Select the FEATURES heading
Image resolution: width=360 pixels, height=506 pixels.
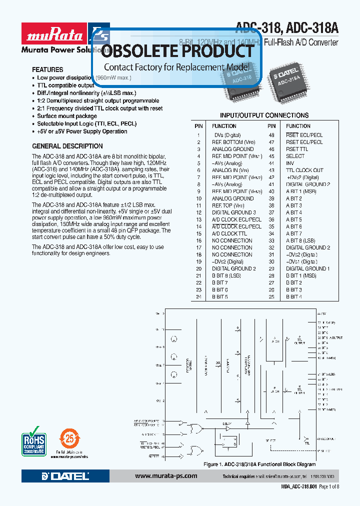pos(47,69)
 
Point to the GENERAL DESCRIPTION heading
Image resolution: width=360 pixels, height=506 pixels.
pos(67,146)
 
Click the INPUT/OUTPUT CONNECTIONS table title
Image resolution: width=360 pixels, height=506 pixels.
pos(264,115)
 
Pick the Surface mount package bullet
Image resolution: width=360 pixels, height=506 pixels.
pos(67,116)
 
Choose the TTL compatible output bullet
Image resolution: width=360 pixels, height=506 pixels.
pos(65,85)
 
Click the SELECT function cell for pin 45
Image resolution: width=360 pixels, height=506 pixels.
pos(295,156)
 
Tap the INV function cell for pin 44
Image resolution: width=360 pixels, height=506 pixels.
pos(290,163)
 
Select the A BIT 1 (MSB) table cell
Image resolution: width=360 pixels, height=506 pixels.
pos(300,191)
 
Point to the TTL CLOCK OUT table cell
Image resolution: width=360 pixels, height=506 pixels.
pos(304,170)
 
